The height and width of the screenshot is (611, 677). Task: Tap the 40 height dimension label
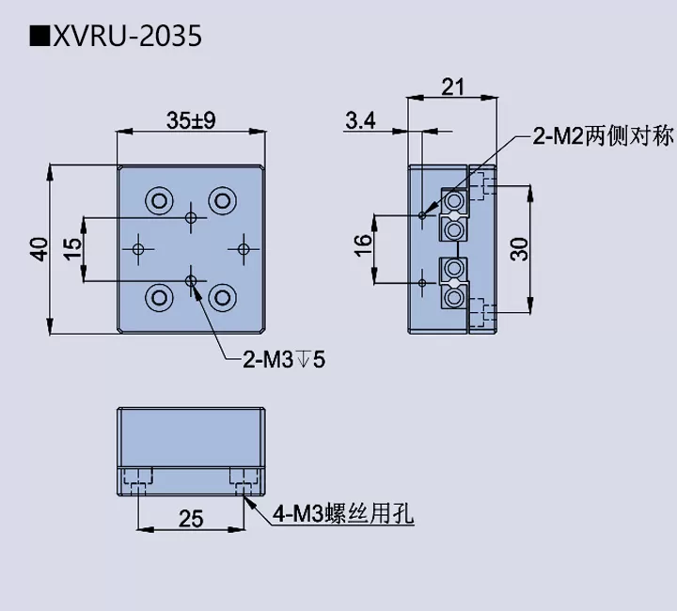click(39, 249)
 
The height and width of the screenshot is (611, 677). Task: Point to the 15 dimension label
click(71, 249)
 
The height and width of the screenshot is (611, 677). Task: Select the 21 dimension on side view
click(452, 87)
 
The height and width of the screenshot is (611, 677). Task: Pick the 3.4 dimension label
click(360, 120)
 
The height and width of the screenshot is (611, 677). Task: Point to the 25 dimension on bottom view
click(191, 519)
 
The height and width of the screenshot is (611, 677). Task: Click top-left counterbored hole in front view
click(158, 199)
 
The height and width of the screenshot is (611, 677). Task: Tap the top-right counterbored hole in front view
click(222, 199)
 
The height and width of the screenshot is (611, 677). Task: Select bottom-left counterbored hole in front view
click(158, 298)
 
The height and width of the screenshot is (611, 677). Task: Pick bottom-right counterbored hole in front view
click(222, 298)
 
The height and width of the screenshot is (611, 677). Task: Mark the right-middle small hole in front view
click(244, 248)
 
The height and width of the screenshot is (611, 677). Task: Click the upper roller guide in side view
click(454, 215)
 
